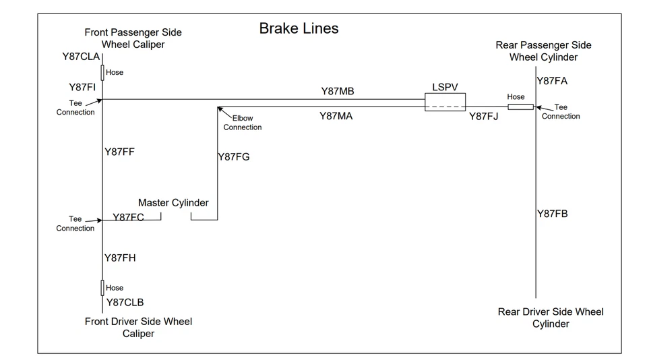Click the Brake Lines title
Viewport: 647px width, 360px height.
click(x=299, y=28)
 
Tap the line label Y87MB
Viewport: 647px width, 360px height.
click(x=337, y=91)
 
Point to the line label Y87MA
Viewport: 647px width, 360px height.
click(x=336, y=116)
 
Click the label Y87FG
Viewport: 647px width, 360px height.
click(x=233, y=157)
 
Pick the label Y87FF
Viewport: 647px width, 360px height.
click(x=119, y=152)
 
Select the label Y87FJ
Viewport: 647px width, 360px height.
click(x=483, y=116)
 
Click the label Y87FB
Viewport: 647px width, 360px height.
click(x=552, y=214)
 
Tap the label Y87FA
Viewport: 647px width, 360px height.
click(x=552, y=81)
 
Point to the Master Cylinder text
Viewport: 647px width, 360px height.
click(x=173, y=203)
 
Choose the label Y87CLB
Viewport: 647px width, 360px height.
click(x=125, y=303)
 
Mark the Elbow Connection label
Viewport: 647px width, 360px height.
click(x=243, y=123)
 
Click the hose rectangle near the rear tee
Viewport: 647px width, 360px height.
click(x=520, y=107)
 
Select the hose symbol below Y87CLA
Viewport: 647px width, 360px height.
click(x=102, y=72)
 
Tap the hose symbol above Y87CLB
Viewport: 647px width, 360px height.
click(x=102, y=288)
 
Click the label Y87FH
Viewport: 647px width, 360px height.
click(x=120, y=258)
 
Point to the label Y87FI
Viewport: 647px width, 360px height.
click(x=82, y=88)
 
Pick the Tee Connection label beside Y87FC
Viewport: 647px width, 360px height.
click(x=75, y=224)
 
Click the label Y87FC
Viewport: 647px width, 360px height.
click(x=128, y=217)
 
